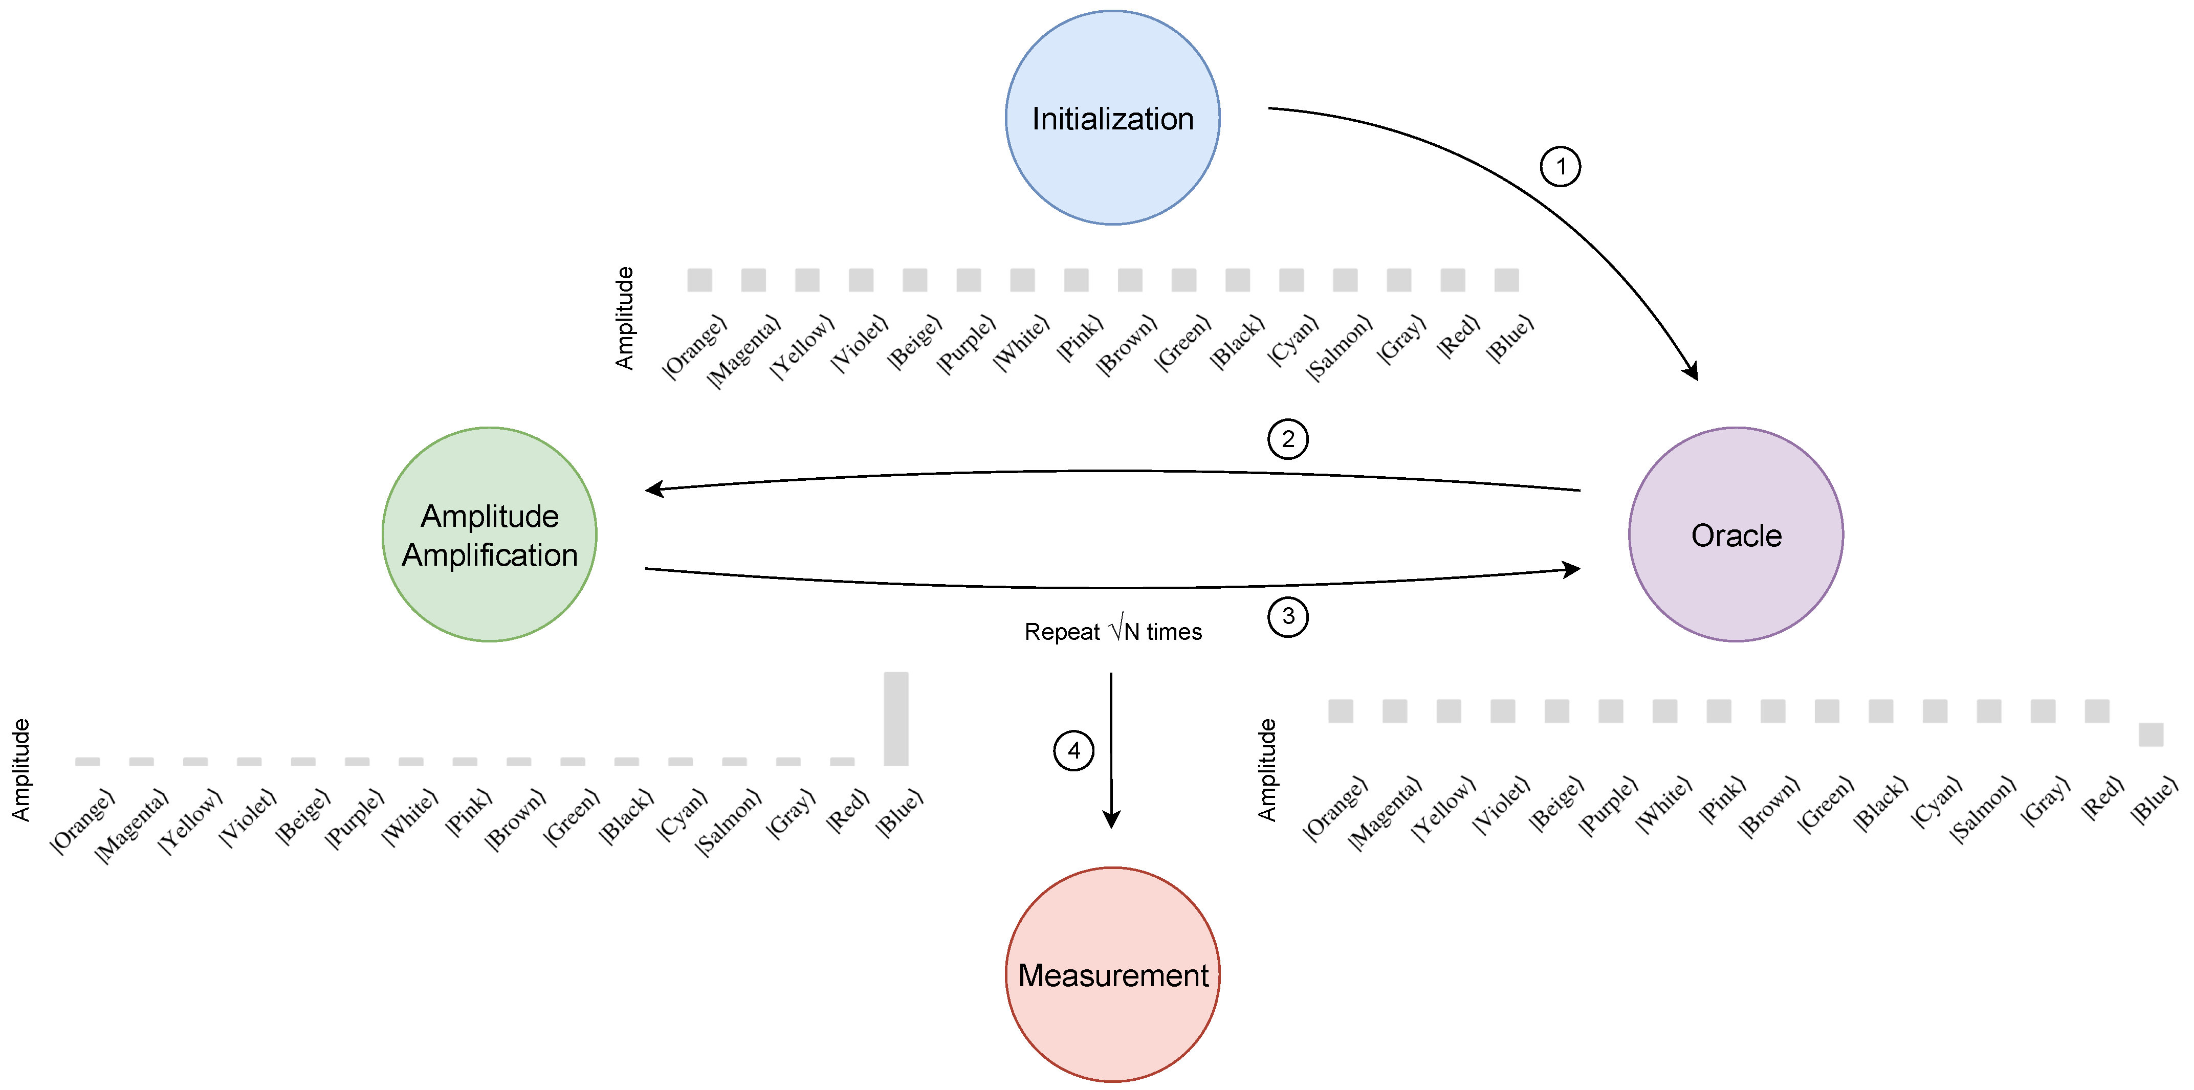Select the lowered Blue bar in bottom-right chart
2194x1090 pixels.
click(x=2151, y=734)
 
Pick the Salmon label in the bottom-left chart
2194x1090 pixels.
click(x=728, y=822)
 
